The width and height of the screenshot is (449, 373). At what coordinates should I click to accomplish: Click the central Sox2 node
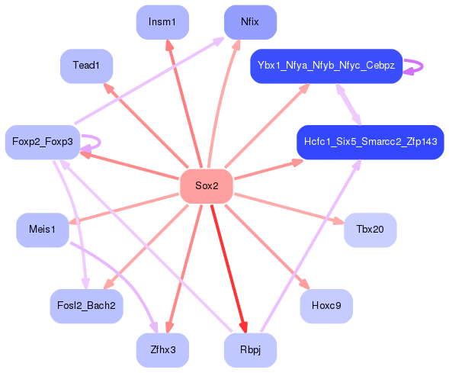206,186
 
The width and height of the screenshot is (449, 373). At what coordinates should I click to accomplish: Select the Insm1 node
162,22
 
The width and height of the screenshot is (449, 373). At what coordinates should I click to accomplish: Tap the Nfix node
250,22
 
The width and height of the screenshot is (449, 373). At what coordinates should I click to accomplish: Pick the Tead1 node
86,66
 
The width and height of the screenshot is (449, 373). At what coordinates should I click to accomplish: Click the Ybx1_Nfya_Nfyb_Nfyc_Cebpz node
326,66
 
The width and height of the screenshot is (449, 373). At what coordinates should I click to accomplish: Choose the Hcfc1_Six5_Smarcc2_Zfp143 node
370,142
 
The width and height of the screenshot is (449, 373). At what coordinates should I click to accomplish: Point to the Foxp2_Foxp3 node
43,142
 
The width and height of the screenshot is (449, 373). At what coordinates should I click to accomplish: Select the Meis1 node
43,230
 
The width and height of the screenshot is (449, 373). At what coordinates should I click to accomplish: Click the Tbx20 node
370,230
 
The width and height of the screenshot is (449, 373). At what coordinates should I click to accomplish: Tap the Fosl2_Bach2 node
86,306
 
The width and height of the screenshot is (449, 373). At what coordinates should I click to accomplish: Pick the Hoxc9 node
326,306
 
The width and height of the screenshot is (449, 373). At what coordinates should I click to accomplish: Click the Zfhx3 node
162,350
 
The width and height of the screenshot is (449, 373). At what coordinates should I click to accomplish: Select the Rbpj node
250,350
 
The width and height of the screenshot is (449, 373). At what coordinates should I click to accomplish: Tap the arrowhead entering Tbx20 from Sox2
339,222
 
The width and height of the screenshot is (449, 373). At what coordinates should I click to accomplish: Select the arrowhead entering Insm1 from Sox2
169,45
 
